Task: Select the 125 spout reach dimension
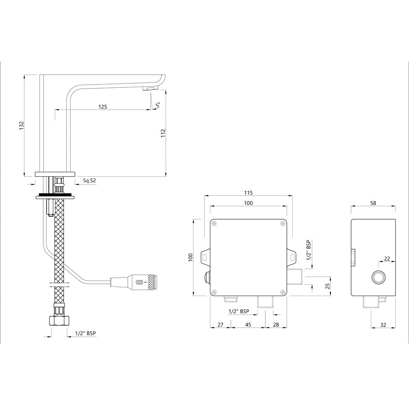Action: coord(102,107)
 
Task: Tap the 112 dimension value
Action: coord(163,133)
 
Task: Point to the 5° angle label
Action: coord(157,105)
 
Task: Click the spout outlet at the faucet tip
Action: coord(150,89)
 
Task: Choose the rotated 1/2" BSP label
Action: coord(309,251)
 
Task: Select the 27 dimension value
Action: coord(220,325)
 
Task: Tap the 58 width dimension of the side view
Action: coord(373,203)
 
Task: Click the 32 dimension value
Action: coord(383,325)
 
